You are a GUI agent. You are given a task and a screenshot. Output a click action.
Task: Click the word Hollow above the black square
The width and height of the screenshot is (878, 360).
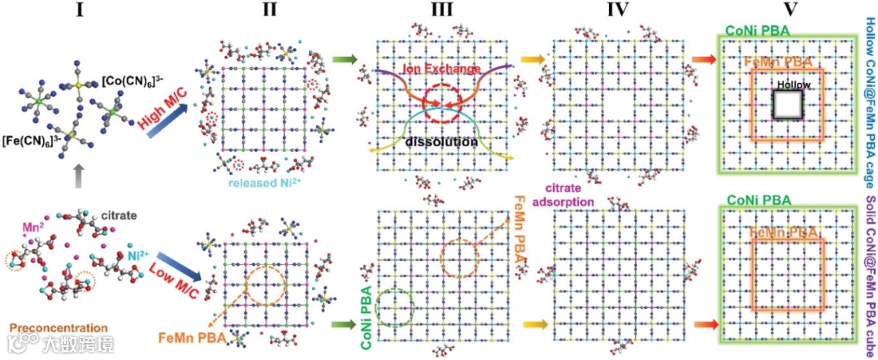pos(792,85)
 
